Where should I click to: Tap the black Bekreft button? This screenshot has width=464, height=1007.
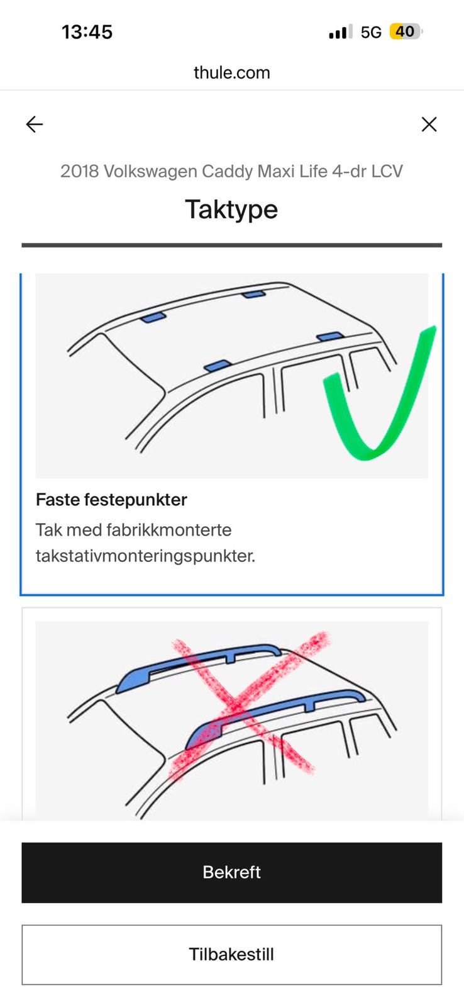click(232, 872)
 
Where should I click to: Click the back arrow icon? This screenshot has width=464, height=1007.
click(35, 125)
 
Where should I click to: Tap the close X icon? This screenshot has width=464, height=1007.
click(429, 125)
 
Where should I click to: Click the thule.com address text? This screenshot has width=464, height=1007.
click(232, 73)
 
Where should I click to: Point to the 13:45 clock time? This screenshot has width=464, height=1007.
click(87, 32)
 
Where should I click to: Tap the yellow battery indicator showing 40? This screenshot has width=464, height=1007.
click(405, 31)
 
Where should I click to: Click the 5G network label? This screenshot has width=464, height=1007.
click(371, 32)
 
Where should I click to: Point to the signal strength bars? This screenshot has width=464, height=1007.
click(341, 32)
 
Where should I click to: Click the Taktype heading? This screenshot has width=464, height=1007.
click(232, 210)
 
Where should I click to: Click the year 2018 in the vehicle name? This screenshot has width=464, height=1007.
click(79, 171)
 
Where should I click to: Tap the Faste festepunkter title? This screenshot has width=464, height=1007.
click(111, 500)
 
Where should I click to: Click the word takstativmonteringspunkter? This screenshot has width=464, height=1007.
click(145, 556)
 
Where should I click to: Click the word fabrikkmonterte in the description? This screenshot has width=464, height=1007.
click(169, 530)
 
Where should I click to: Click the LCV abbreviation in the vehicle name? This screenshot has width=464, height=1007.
click(387, 171)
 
